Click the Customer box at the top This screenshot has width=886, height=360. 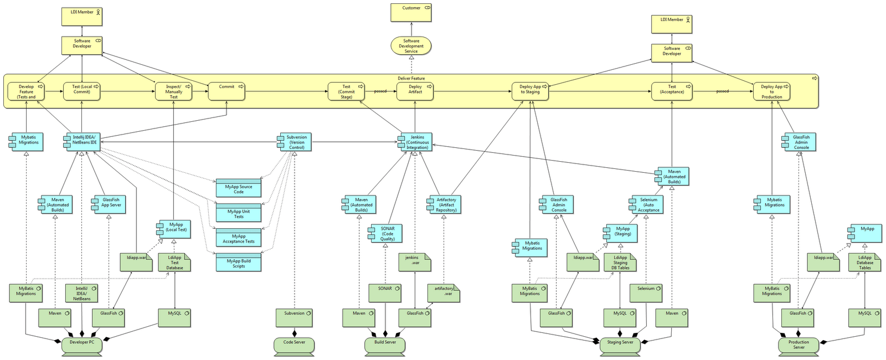click(x=411, y=12)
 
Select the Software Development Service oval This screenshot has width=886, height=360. click(x=411, y=46)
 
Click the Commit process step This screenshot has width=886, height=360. click(x=226, y=91)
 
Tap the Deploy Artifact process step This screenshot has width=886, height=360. click(x=415, y=91)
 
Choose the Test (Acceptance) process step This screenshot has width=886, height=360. click(x=672, y=91)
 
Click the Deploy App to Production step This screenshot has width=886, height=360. click(x=771, y=91)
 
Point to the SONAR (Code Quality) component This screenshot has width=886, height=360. click(x=387, y=233)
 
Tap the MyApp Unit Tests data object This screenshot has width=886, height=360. click(x=238, y=213)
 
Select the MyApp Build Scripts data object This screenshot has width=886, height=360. click(x=238, y=263)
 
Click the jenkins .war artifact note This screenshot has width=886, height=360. click(x=415, y=262)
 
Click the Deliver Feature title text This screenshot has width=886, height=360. click(x=411, y=78)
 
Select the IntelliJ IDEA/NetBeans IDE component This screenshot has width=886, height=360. click(x=84, y=142)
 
